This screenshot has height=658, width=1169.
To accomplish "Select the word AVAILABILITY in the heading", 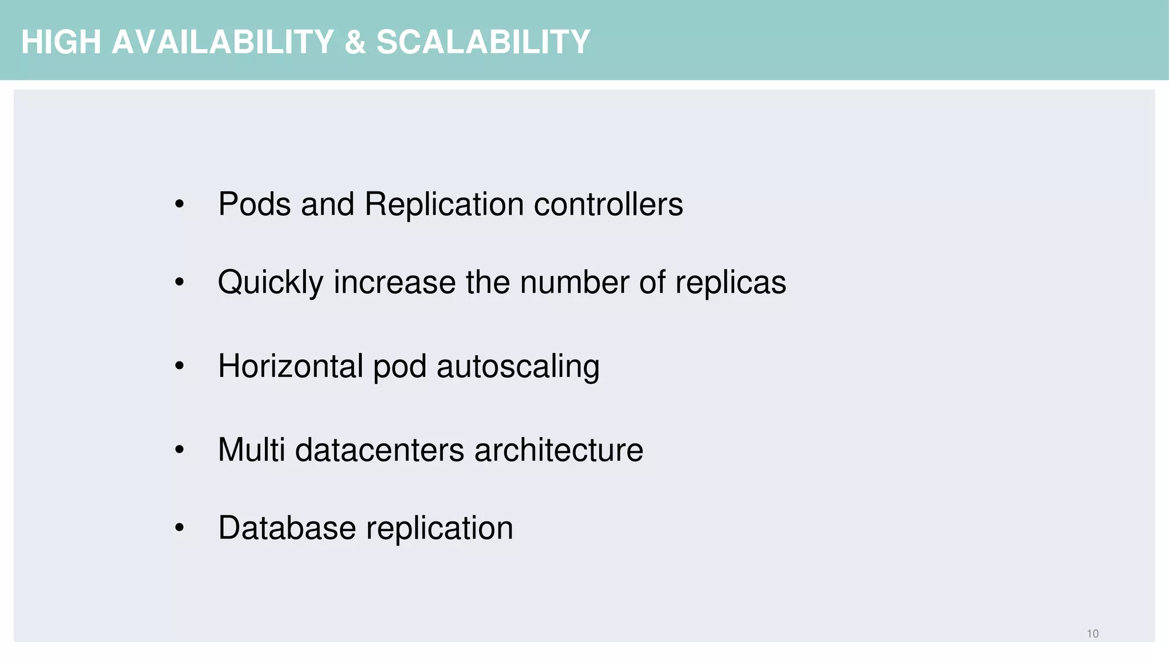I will [223, 42].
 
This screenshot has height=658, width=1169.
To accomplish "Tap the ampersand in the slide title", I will [355, 42].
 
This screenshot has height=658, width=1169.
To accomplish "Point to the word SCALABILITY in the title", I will [483, 42].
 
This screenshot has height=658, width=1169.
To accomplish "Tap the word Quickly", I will [271, 282].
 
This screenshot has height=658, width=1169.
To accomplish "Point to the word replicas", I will [731, 282].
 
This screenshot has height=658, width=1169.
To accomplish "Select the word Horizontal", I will [291, 366].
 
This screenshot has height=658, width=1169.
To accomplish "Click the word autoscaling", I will [518, 366].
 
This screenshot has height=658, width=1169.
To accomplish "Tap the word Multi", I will [251, 450].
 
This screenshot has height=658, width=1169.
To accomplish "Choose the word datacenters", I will [380, 450].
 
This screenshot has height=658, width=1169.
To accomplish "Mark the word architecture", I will [559, 450].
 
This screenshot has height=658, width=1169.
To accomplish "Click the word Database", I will [287, 528].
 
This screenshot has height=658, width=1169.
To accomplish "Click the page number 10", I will [1093, 633].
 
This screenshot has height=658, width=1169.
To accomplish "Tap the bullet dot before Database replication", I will [179, 528].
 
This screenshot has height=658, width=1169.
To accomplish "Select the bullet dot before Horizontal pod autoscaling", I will [179, 367].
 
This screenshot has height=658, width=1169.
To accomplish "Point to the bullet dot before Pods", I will [179, 204].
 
